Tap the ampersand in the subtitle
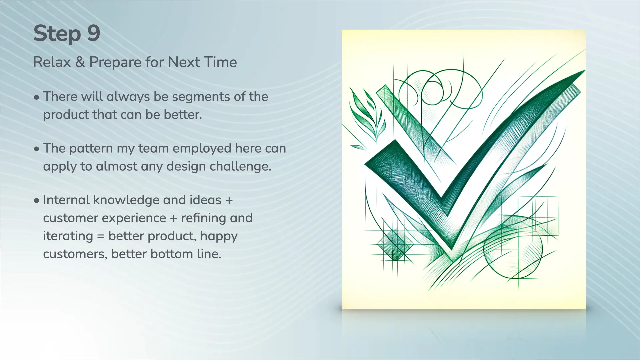(x=80, y=62)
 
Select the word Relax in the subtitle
(x=52, y=62)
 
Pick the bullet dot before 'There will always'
(x=37, y=98)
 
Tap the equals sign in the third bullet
(x=101, y=237)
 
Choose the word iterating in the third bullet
(x=68, y=236)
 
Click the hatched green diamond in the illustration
(x=395, y=246)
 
